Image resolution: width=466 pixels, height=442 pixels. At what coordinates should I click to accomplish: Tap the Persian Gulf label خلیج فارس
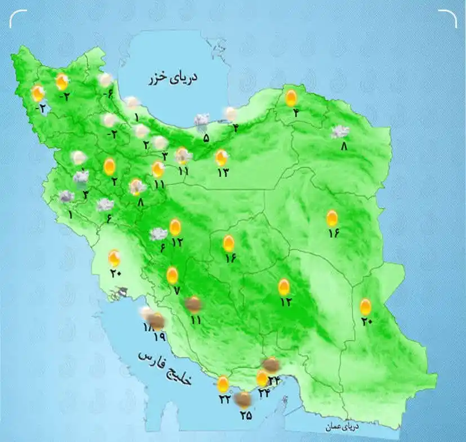(166, 368)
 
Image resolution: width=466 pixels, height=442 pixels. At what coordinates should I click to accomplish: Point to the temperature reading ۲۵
(245, 416)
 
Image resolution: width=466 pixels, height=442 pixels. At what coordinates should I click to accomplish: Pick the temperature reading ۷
(176, 291)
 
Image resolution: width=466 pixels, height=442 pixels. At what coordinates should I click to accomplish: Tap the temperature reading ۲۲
(224, 399)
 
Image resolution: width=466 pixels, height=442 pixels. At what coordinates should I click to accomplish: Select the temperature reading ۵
(206, 137)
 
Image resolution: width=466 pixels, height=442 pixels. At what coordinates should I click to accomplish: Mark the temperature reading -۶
(108, 94)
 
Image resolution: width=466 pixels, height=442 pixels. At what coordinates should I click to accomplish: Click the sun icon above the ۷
(172, 276)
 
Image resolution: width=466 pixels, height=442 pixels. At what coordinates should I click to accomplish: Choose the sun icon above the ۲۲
(223, 385)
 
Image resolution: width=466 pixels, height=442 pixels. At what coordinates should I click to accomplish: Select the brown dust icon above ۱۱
(194, 305)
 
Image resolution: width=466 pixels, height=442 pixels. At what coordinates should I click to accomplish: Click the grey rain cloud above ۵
(202, 120)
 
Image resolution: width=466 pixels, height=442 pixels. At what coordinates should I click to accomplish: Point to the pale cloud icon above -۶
(105, 81)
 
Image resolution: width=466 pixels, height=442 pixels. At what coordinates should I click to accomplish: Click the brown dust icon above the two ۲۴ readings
(271, 364)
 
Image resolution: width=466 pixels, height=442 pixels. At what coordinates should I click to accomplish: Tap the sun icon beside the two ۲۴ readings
(262, 378)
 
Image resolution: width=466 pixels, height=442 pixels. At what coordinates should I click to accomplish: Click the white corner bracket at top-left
(18, 19)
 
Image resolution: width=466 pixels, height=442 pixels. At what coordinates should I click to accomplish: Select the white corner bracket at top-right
(448, 19)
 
